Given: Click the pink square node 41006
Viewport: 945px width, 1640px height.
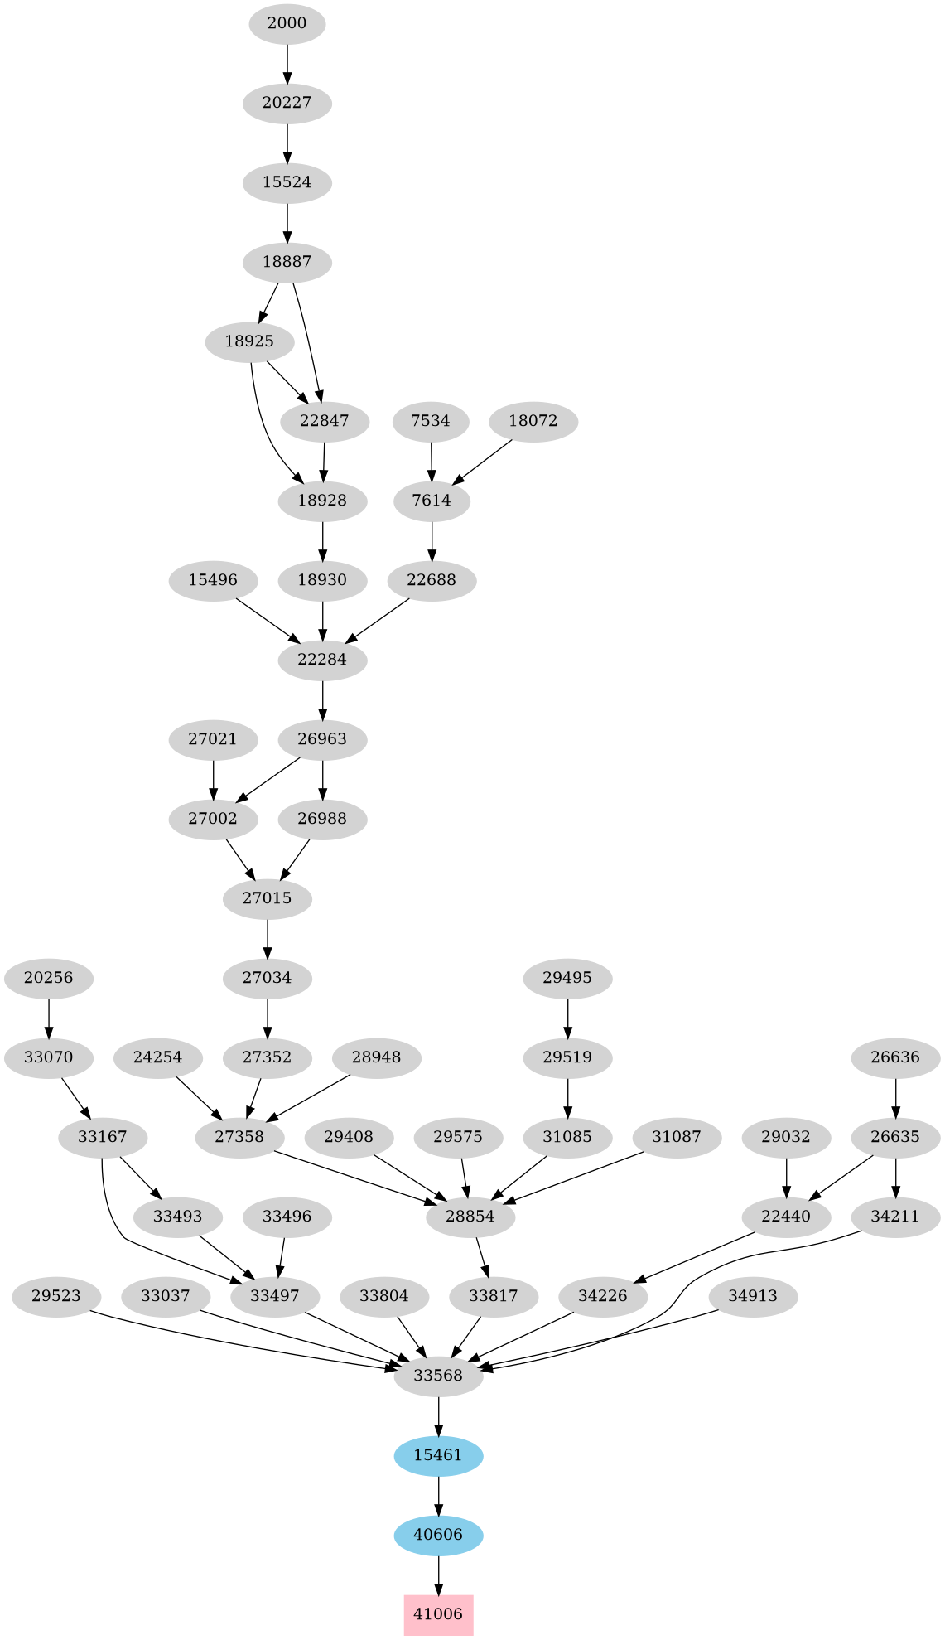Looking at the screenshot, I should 438,1614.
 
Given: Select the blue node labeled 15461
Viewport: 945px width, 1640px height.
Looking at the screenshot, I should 438,1455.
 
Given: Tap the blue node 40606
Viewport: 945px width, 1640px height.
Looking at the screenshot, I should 438,1535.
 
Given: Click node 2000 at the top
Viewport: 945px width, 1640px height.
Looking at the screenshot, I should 287,23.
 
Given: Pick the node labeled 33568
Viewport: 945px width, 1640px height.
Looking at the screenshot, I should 438,1376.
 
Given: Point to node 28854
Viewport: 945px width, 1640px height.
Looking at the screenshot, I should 470,1217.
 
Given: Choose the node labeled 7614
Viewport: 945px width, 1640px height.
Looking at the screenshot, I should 432,501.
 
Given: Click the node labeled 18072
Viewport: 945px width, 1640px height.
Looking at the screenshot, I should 533,421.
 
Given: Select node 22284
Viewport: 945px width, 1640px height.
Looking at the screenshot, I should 322,660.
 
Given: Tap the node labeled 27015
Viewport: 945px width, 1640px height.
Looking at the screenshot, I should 268,898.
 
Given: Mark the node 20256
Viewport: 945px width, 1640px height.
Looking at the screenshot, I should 49,978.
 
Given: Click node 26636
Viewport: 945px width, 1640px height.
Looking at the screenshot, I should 896,1057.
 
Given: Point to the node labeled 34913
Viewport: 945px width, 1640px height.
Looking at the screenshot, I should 753,1296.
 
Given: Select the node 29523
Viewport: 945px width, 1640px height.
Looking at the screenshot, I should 56,1296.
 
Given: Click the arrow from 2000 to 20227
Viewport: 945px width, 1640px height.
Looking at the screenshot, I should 287,63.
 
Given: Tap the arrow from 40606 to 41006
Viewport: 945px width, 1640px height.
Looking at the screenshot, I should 438,1575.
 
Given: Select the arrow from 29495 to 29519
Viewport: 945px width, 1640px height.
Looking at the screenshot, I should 567,1018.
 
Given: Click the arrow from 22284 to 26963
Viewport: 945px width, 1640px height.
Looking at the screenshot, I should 322,699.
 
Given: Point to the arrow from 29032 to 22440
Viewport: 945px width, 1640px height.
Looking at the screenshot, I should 786,1177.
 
